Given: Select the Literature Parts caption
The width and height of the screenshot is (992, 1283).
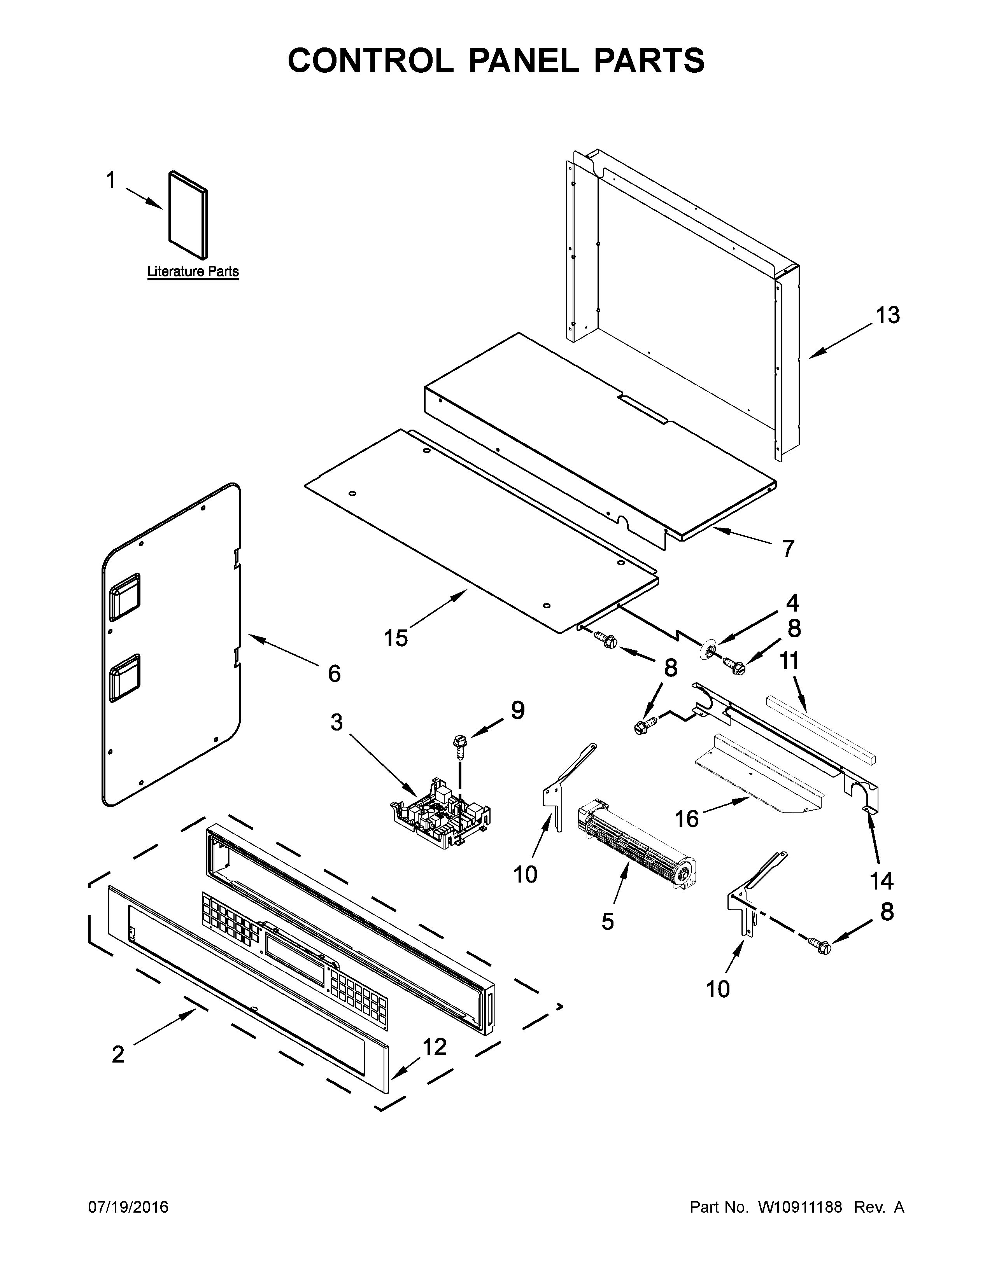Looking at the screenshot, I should [193, 271].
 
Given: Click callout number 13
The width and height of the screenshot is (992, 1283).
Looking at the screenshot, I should [887, 315].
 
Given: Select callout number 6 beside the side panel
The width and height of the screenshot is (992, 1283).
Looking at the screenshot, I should [334, 673].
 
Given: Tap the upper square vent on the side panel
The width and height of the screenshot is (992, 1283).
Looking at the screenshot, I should [124, 596].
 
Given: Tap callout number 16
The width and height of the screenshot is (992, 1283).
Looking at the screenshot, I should [686, 818].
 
